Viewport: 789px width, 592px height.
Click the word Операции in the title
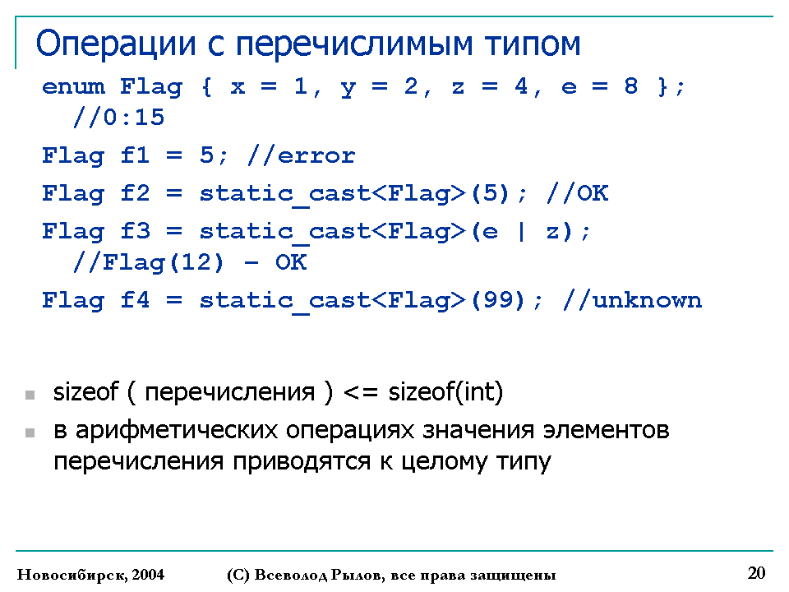(116, 44)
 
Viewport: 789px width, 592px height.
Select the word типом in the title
(533, 44)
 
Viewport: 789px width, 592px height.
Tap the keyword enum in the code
(73, 86)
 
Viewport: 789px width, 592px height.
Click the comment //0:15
(118, 118)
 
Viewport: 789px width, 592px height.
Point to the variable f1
(135, 155)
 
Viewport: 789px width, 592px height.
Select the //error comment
(301, 155)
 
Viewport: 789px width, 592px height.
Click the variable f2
(135, 192)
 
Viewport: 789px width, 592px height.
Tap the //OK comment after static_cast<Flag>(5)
(577, 192)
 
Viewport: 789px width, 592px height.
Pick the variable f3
(135, 231)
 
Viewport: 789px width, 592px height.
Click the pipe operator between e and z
(521, 232)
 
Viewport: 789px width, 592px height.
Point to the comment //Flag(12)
(148, 262)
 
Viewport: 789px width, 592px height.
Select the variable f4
(135, 300)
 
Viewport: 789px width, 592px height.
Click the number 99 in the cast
(498, 300)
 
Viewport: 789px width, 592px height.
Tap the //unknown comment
(632, 300)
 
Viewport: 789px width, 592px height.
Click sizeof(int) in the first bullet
(445, 391)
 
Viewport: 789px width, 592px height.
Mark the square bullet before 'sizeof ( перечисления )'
(30, 395)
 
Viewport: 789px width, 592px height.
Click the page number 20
(756, 573)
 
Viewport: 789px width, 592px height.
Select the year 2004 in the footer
(148, 575)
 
